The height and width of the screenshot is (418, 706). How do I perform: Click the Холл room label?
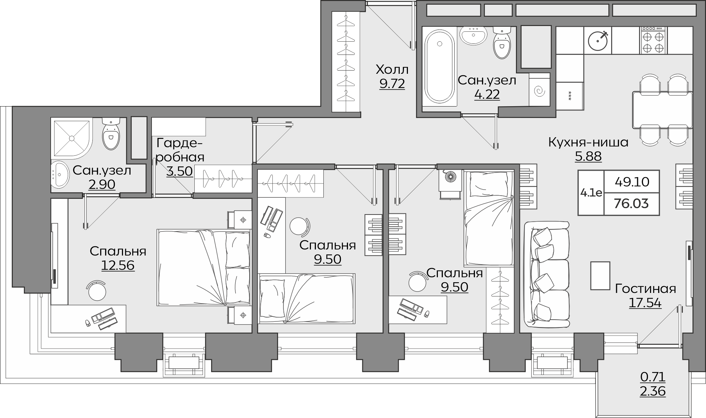[x=392, y=69]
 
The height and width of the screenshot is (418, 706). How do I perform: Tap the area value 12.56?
[x=118, y=265]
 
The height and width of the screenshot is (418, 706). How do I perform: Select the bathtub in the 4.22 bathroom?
[x=439, y=66]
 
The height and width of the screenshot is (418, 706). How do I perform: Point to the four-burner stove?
[x=654, y=41]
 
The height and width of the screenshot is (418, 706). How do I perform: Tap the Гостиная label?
[x=645, y=289]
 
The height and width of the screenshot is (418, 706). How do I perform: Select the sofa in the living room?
[x=546, y=274]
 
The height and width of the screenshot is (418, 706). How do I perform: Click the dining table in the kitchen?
[x=662, y=110]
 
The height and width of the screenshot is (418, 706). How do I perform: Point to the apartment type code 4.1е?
[x=591, y=193]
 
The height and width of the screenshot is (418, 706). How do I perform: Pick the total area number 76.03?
[x=631, y=204]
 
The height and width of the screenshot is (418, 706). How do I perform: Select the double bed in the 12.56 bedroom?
[x=204, y=268]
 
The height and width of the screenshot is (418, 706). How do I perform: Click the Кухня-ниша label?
[x=588, y=143]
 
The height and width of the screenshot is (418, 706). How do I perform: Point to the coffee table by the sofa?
[x=600, y=275]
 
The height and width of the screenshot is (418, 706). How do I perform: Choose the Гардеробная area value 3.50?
[x=180, y=171]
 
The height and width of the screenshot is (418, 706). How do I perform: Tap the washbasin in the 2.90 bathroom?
[x=59, y=174]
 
